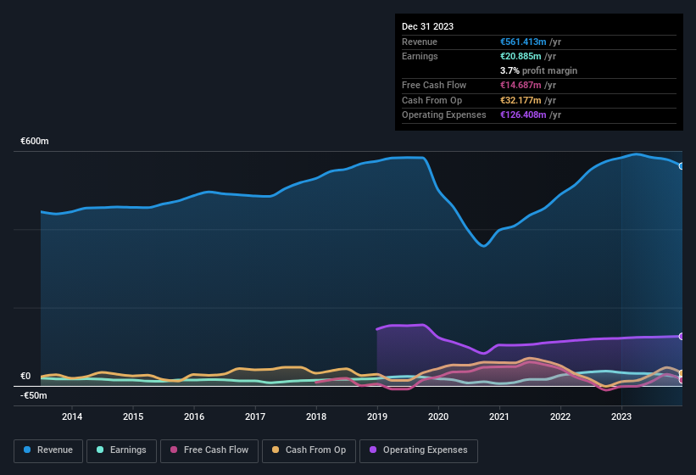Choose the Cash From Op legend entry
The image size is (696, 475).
click(x=309, y=450)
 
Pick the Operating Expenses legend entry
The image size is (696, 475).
click(x=418, y=450)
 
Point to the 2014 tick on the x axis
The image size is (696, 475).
click(x=72, y=416)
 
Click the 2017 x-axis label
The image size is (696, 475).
click(x=255, y=416)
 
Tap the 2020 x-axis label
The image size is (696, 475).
click(x=438, y=416)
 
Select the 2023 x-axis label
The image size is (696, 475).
click(x=621, y=416)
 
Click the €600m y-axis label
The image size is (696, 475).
click(x=35, y=142)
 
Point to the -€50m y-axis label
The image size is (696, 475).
click(x=34, y=395)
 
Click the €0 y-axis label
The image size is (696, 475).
click(x=25, y=377)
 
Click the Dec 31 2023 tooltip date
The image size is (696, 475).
click(x=427, y=26)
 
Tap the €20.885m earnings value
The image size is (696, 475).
click(x=521, y=56)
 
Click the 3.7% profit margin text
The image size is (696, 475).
click(x=539, y=70)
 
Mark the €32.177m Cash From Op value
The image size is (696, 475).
click(x=521, y=100)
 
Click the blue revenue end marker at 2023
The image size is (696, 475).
click(x=682, y=166)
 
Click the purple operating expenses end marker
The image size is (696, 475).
click(x=682, y=337)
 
